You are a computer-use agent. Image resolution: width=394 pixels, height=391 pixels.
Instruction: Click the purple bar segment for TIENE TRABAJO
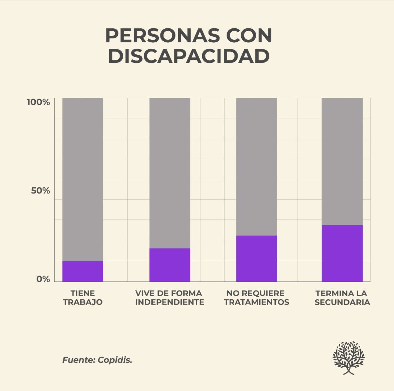click(x=83, y=271)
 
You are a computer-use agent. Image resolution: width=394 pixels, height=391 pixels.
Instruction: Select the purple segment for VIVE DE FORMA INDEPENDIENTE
click(x=169, y=265)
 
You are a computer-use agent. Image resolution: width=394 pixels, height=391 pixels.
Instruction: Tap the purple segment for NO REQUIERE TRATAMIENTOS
click(x=256, y=258)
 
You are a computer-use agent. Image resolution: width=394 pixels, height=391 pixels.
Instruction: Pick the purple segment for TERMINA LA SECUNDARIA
click(x=342, y=253)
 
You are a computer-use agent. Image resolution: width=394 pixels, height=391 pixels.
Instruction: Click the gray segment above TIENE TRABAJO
click(x=83, y=179)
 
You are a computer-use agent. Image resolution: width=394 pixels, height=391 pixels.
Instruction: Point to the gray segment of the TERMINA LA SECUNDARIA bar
click(x=342, y=161)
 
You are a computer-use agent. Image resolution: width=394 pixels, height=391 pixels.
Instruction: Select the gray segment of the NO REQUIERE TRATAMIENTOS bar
click(x=256, y=166)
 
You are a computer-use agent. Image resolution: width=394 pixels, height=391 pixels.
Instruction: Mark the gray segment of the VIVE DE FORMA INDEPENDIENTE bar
click(x=169, y=173)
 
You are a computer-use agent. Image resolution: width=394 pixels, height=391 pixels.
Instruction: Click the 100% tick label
click(x=38, y=102)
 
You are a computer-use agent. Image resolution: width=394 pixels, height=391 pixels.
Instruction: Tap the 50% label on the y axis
click(x=40, y=191)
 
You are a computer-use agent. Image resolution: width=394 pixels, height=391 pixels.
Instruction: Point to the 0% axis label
click(x=43, y=279)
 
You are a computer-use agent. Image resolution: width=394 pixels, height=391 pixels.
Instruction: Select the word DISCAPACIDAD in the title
click(x=189, y=56)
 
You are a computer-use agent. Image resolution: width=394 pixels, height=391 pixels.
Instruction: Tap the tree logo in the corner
click(x=349, y=358)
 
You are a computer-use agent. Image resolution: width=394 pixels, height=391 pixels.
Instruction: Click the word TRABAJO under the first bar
click(x=83, y=302)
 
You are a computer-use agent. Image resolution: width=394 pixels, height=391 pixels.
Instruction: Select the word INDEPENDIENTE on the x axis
click(x=169, y=302)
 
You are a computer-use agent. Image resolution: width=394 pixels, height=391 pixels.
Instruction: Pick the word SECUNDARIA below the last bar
click(x=342, y=302)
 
